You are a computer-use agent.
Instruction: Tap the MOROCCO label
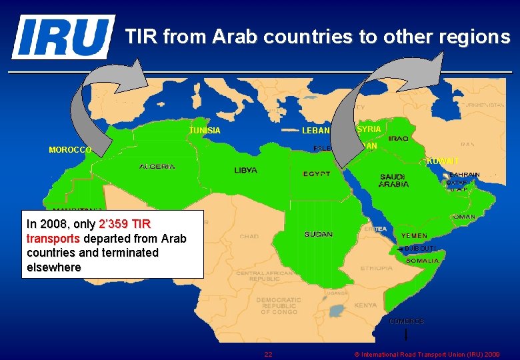70,150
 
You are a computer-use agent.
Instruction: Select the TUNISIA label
205,131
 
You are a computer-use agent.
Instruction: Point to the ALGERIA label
157,166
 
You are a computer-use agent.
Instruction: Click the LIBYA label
245,171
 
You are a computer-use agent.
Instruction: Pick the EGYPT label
317,174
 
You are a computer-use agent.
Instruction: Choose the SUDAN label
318,235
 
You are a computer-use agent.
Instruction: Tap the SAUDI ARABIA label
394,180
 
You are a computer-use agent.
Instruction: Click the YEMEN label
415,236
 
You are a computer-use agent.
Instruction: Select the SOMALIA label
422,261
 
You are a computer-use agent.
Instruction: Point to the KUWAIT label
442,161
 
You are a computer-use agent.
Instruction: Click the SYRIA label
369,129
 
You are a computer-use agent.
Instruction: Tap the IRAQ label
399,139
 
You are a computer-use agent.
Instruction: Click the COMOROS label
406,321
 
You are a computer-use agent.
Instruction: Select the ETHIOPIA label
377,268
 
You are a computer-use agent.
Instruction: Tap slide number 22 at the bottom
267,354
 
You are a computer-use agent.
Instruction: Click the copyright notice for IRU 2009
427,354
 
